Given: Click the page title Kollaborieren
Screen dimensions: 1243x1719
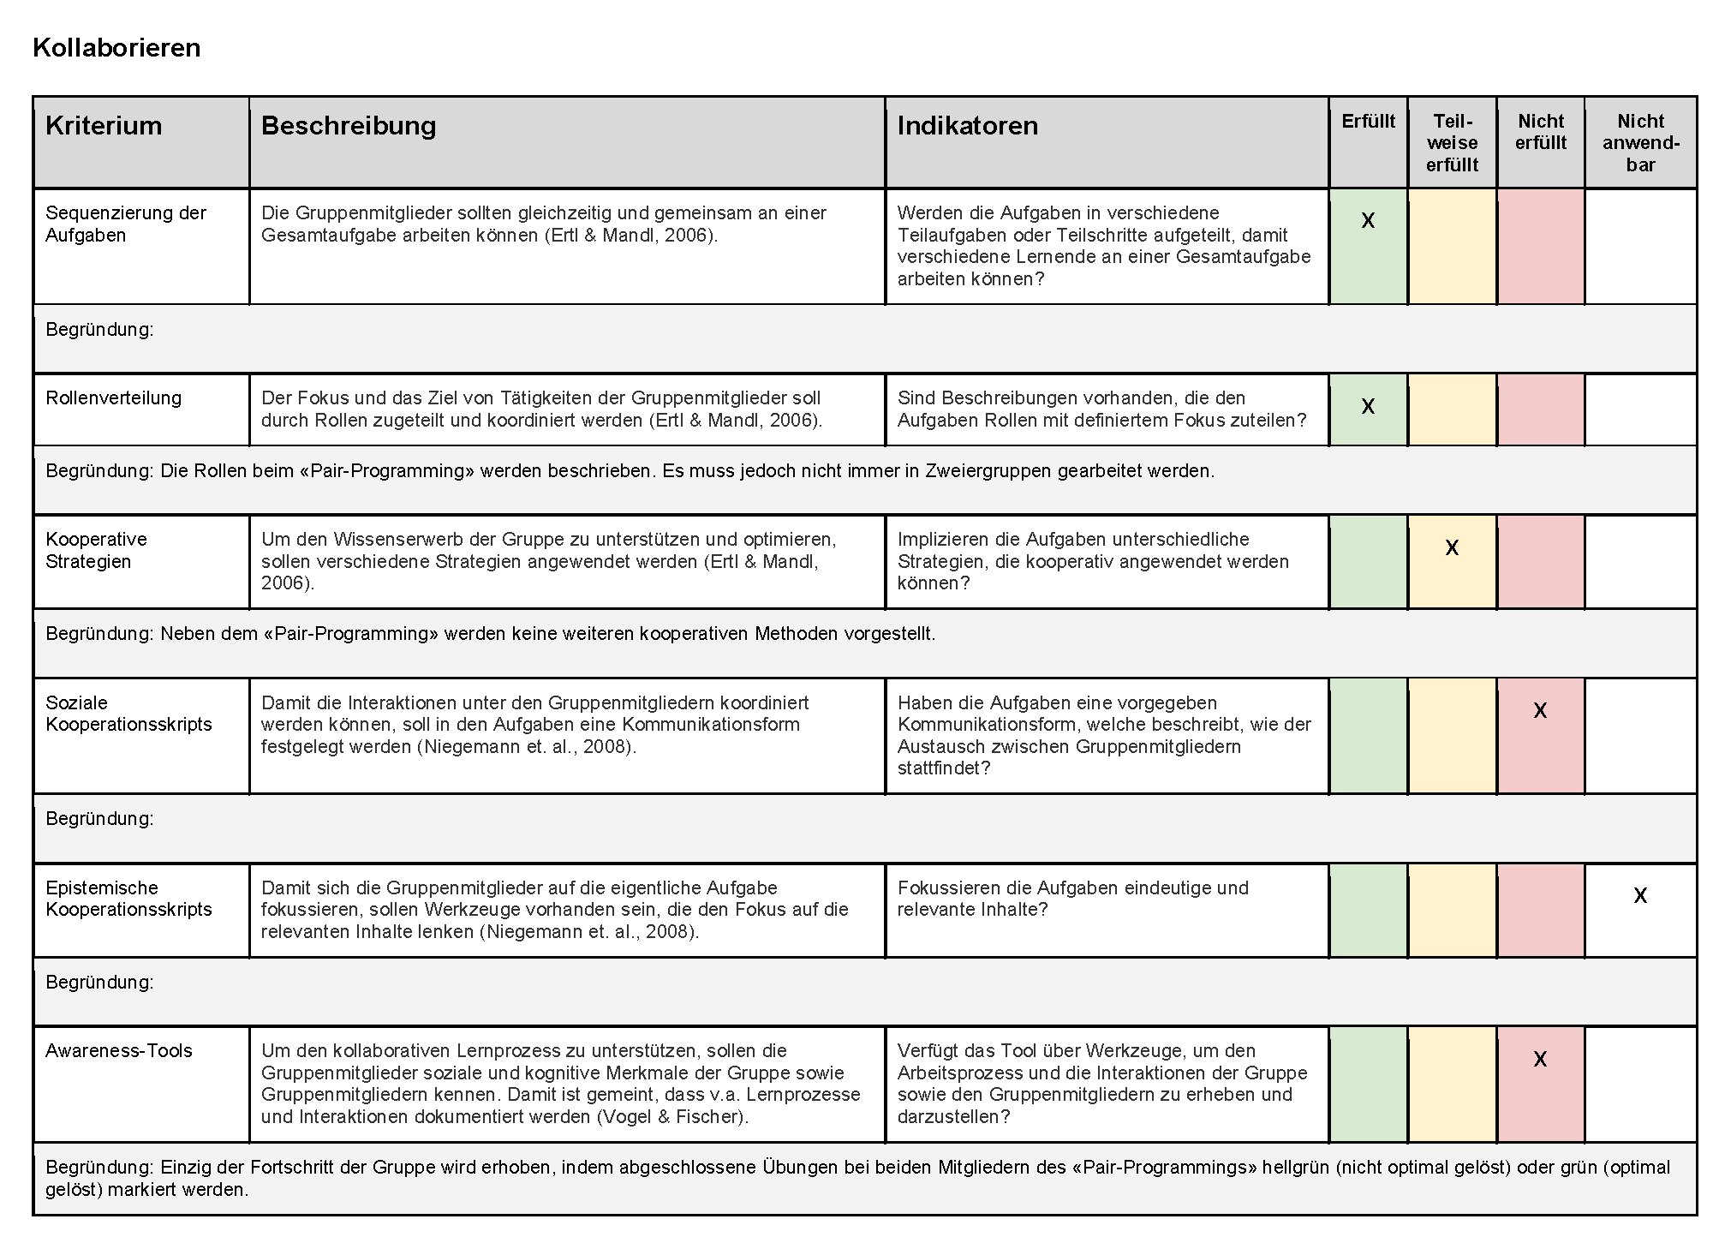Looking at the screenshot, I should click(x=116, y=47).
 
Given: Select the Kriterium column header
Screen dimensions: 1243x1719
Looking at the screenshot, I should click(x=104, y=126).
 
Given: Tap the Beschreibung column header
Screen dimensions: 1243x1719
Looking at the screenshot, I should click(x=349, y=126).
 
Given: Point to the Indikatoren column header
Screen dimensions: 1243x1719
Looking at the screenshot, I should click(x=967, y=126).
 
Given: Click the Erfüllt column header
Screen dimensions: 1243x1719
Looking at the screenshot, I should click(x=1368, y=122).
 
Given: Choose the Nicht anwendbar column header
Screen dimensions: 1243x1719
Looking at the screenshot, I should click(x=1640, y=142).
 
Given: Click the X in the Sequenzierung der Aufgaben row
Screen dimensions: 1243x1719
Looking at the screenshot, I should click(x=1368, y=221).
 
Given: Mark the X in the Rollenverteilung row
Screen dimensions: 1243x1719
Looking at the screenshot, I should click(x=1368, y=406).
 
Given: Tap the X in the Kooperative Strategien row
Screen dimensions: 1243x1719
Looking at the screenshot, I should click(x=1452, y=547).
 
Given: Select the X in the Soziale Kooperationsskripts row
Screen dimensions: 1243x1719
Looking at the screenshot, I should click(x=1540, y=710).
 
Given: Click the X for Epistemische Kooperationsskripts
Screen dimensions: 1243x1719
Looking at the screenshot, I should click(x=1640, y=895).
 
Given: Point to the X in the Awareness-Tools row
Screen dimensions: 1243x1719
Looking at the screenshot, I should click(x=1540, y=1059).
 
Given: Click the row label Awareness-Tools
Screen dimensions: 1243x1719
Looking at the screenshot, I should click(x=119, y=1050).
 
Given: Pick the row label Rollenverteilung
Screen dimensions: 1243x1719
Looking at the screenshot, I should click(x=113, y=397).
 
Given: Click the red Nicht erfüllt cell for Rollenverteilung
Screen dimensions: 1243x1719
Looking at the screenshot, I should click(x=1540, y=409).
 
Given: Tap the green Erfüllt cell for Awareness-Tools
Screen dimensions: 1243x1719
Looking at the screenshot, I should click(x=1368, y=1084).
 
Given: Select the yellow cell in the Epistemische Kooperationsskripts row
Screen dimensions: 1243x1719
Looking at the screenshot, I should click(x=1452, y=910).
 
